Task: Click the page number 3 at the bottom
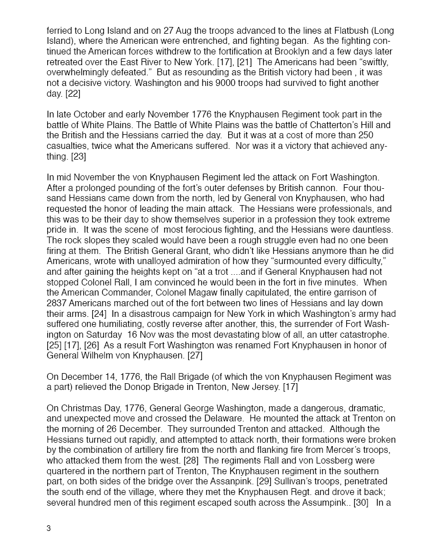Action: click(49, 528)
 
